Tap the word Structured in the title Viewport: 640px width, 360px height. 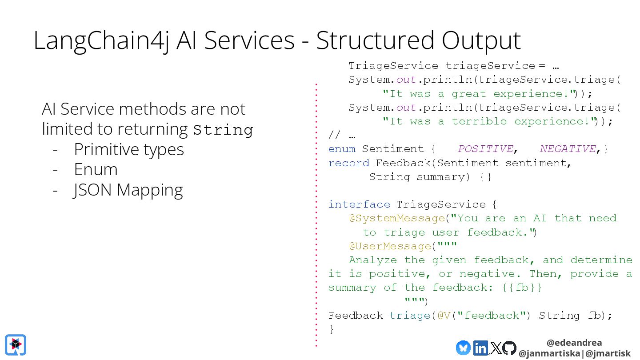coord(374,40)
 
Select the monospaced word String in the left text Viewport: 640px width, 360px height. coord(223,130)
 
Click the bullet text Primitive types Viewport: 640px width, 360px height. coord(129,149)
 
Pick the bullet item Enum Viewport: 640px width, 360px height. coord(96,170)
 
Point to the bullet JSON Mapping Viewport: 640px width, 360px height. coord(128,190)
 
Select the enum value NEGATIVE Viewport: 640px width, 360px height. coord(568,149)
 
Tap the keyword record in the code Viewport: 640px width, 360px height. coord(348,163)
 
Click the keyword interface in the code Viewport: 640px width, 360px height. coord(359,204)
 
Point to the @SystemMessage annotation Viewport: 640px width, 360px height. coord(396,218)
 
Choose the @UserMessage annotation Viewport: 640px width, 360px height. coord(390,246)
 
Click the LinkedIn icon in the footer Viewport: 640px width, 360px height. coord(480,348)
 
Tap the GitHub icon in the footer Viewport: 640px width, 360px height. coord(509,348)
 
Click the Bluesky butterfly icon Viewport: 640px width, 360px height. coord(463,348)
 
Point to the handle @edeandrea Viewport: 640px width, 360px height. coord(574,343)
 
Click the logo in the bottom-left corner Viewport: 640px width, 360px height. coord(16,345)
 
